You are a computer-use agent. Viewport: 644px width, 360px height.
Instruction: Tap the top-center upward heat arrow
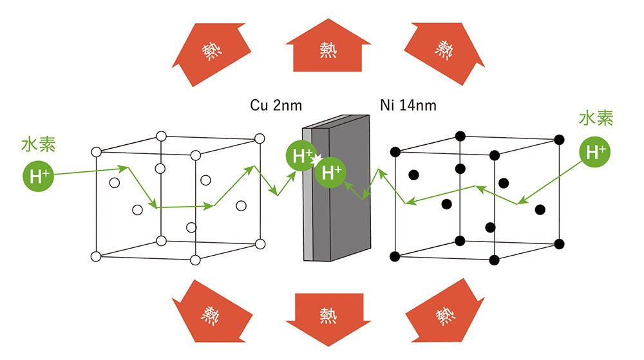point(328,48)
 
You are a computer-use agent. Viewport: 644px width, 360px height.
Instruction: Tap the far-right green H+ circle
point(593,152)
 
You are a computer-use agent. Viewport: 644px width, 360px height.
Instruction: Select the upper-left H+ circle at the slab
point(300,156)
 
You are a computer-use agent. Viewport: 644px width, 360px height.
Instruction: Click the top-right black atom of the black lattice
point(559,138)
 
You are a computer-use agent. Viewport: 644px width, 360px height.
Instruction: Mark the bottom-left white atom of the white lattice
point(96,256)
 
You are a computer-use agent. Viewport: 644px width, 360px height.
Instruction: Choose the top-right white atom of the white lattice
point(260,138)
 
